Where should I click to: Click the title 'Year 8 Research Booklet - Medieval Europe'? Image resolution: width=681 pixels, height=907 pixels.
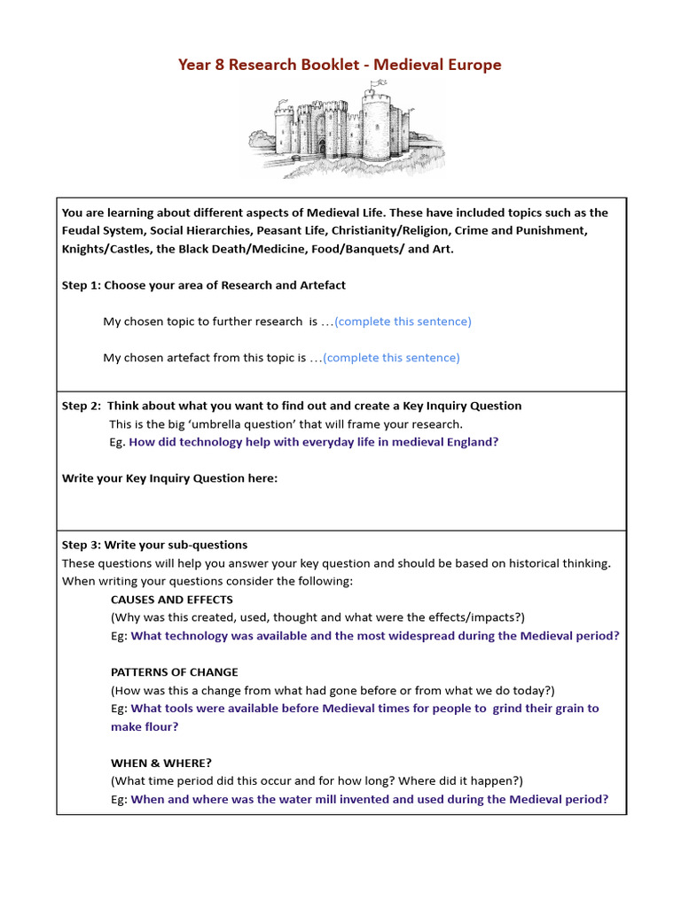point(340,65)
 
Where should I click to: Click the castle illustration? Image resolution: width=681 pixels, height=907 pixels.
point(346,130)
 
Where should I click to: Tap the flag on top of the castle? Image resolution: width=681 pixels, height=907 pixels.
point(384,83)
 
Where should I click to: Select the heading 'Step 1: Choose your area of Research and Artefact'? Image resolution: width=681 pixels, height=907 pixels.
point(203,285)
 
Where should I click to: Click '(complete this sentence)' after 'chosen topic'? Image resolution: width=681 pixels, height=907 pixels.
point(403,322)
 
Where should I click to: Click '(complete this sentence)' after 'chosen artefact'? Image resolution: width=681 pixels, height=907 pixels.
point(391,358)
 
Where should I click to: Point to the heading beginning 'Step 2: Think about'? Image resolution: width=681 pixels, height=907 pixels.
point(292,406)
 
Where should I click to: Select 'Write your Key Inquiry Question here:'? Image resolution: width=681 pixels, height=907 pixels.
point(169,478)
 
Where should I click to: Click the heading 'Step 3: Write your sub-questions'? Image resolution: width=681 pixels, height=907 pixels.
point(154,545)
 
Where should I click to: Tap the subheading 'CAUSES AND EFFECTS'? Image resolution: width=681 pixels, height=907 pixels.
point(172,600)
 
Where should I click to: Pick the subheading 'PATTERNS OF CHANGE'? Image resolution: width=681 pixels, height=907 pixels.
point(175,672)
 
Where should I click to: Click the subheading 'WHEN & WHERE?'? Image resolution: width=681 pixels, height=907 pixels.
point(161,763)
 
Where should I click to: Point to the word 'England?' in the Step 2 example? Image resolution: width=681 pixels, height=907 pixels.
point(473,442)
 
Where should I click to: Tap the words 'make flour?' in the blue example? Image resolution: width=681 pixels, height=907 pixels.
point(145,726)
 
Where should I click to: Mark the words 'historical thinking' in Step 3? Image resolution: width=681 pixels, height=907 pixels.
point(556,563)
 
